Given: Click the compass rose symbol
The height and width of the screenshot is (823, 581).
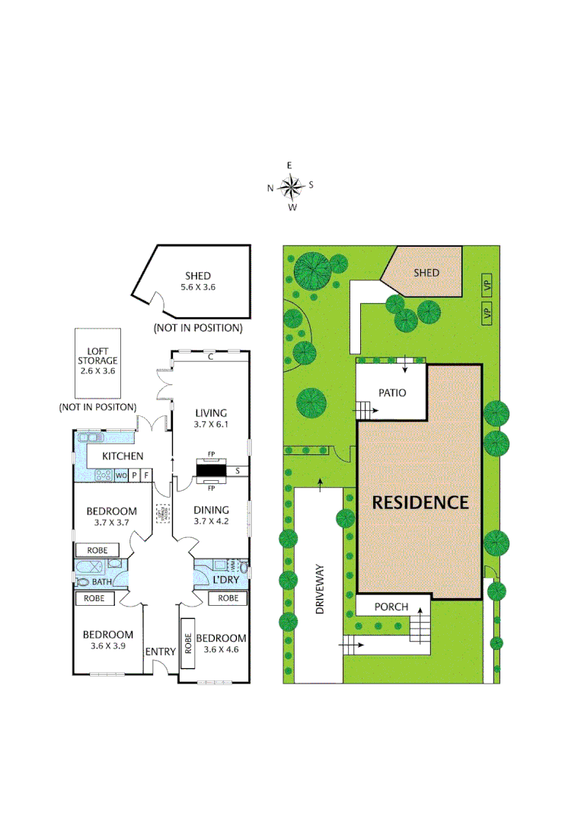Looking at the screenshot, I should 291,185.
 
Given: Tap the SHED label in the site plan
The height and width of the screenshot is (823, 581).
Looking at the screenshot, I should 426,273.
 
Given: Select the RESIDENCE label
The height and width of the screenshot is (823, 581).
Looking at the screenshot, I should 420,503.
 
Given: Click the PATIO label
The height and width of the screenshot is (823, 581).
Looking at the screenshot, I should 393,393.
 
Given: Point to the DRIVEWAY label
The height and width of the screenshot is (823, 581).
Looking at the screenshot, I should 320,590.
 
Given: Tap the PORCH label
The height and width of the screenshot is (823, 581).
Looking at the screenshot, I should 391,607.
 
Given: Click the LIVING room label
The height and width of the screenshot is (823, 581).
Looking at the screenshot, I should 211,413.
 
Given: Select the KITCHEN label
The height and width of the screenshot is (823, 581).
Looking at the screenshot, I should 123,456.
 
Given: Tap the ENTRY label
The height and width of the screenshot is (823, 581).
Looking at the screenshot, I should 160,652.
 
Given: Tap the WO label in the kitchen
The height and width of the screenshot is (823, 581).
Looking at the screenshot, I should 121,476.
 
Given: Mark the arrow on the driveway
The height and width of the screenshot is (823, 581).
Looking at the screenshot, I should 320,483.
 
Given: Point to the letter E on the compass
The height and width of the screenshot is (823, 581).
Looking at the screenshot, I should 289,165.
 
